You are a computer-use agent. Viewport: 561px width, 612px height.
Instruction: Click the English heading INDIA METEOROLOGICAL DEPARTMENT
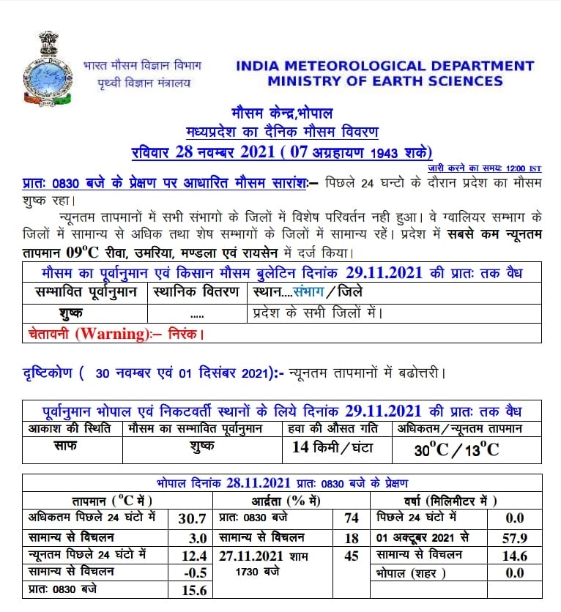[x=385, y=66]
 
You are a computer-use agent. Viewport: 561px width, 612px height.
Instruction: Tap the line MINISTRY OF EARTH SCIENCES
[x=385, y=81]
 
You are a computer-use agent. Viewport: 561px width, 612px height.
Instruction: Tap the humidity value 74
[x=352, y=518]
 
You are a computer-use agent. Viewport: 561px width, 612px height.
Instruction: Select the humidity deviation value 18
[x=352, y=537]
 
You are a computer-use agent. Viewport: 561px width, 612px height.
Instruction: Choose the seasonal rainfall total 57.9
[x=515, y=537]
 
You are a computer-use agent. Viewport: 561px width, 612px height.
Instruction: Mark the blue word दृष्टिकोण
[x=48, y=373]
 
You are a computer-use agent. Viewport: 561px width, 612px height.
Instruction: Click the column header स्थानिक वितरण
[x=196, y=291]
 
